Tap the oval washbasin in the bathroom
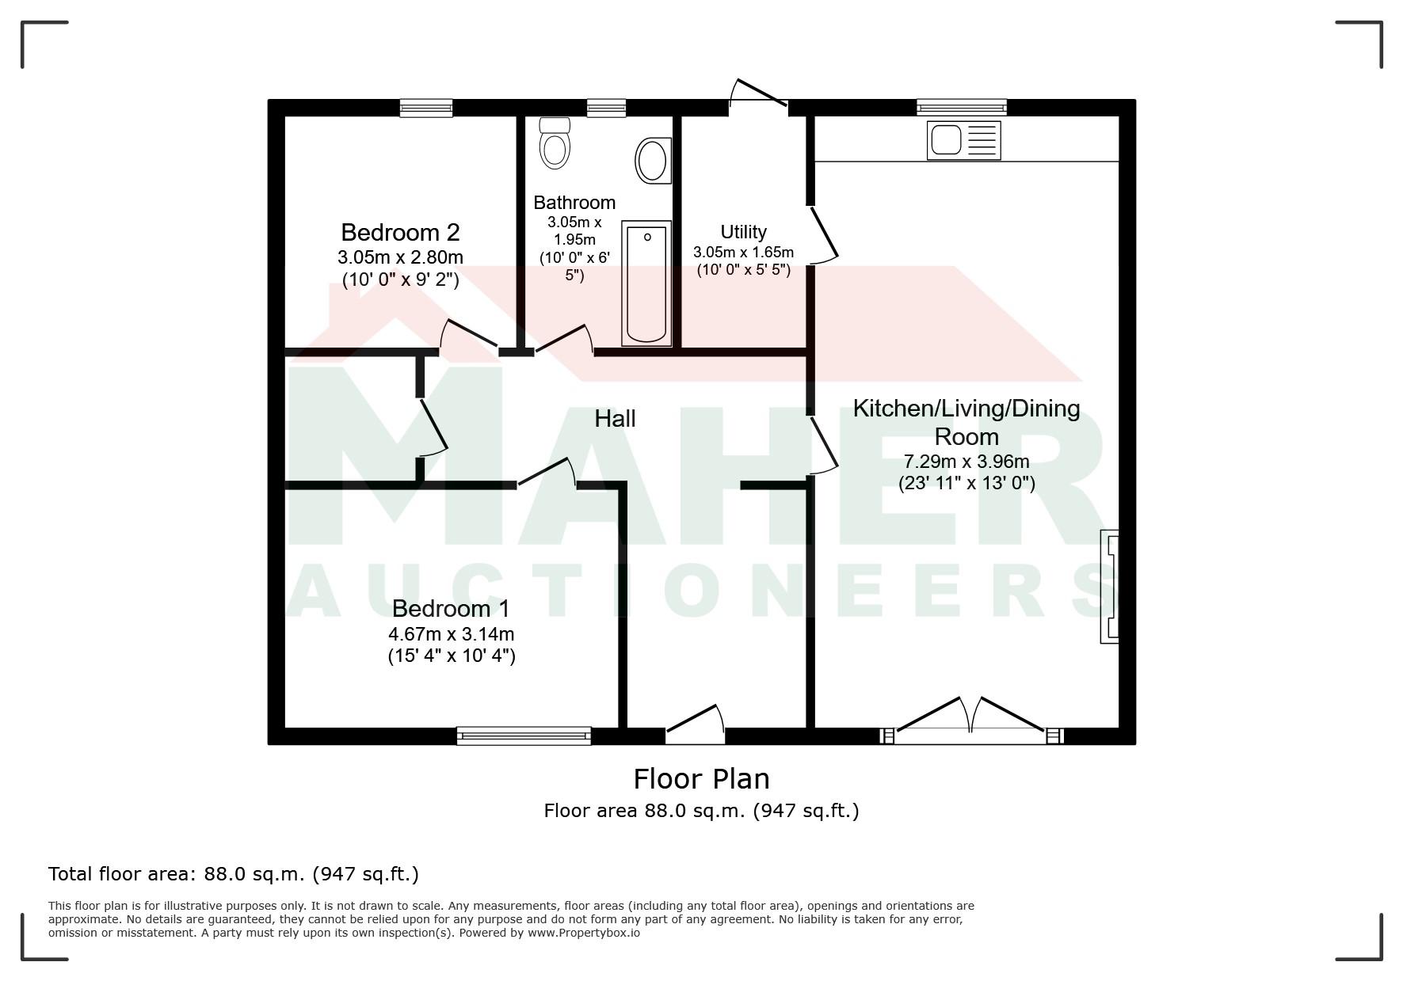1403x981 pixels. coord(654,161)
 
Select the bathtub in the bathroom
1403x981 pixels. coord(646,283)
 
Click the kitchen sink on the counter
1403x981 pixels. coord(963,140)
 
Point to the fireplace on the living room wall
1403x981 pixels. coord(1109,586)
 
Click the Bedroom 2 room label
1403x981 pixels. coord(400,232)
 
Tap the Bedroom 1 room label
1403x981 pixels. coord(451,608)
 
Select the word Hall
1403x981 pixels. coord(615,419)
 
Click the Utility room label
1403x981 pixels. coord(743,232)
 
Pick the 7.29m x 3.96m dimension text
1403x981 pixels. coord(966,462)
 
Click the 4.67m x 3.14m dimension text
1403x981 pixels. coord(451,634)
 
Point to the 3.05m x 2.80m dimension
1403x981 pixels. coord(400,257)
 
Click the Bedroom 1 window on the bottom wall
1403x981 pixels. coord(524,736)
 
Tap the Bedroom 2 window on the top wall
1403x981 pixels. coord(426,108)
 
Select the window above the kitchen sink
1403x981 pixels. coord(962,108)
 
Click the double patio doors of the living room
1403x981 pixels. coord(971,720)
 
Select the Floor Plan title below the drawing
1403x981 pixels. coord(701,779)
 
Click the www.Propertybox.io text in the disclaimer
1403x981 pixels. coord(584,933)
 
